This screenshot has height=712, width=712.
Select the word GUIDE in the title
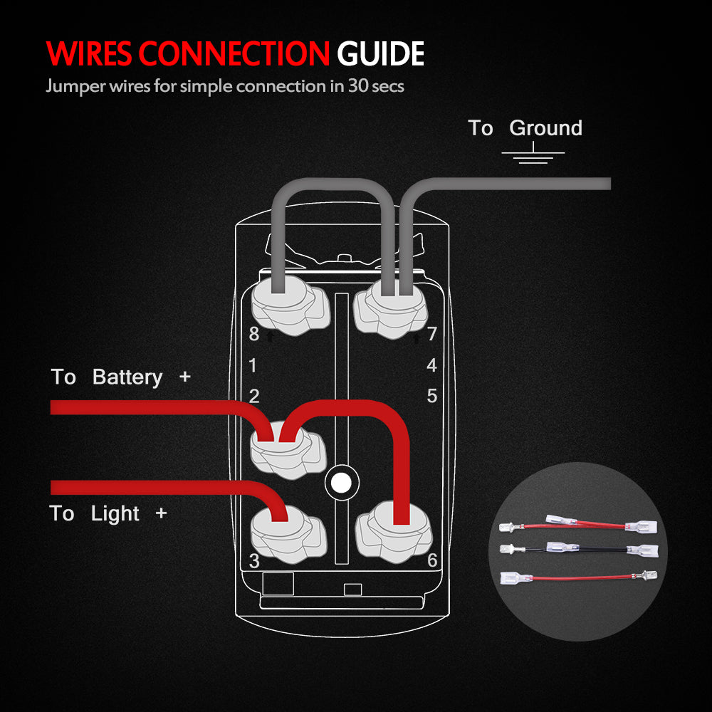(x=381, y=54)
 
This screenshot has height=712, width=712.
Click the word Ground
(x=546, y=128)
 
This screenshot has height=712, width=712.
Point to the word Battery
(x=127, y=377)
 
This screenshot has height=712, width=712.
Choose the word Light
(x=115, y=513)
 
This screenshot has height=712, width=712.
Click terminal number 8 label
(x=253, y=333)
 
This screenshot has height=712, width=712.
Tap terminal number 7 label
(x=431, y=333)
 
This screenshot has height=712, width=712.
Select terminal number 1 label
(x=253, y=366)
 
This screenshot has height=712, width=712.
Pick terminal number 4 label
(x=431, y=365)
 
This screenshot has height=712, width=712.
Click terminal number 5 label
(x=431, y=396)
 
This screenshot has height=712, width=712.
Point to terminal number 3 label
(x=254, y=561)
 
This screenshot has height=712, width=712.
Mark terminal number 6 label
(x=431, y=560)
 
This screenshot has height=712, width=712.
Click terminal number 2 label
(x=253, y=396)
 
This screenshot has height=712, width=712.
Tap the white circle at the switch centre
(x=340, y=483)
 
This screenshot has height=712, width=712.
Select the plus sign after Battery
(x=185, y=377)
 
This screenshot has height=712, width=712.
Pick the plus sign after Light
(x=161, y=513)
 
